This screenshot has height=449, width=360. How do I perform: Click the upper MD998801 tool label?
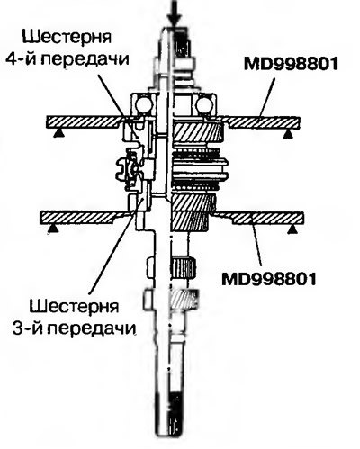tap(291, 64)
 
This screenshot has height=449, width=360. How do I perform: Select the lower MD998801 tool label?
tap(269, 279)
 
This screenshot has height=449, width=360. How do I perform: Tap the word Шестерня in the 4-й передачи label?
tap(67, 37)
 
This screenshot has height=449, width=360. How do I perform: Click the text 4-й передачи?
tap(67, 58)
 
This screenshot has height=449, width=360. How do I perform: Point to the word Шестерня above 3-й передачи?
tap(75, 307)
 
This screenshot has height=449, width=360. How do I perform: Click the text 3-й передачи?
tap(74, 328)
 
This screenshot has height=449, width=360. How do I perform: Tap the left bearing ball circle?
tap(143, 105)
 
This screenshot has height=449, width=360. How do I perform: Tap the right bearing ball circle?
tap(204, 105)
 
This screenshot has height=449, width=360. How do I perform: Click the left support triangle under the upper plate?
tap(58, 132)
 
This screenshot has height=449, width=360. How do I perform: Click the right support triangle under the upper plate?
tap(288, 134)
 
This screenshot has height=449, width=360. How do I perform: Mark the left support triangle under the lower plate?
tap(53, 229)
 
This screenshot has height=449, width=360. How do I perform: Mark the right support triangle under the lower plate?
tap(293, 229)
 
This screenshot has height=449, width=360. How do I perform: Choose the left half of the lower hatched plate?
tap(84, 217)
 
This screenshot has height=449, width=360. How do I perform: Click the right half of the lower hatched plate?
tap(262, 218)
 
